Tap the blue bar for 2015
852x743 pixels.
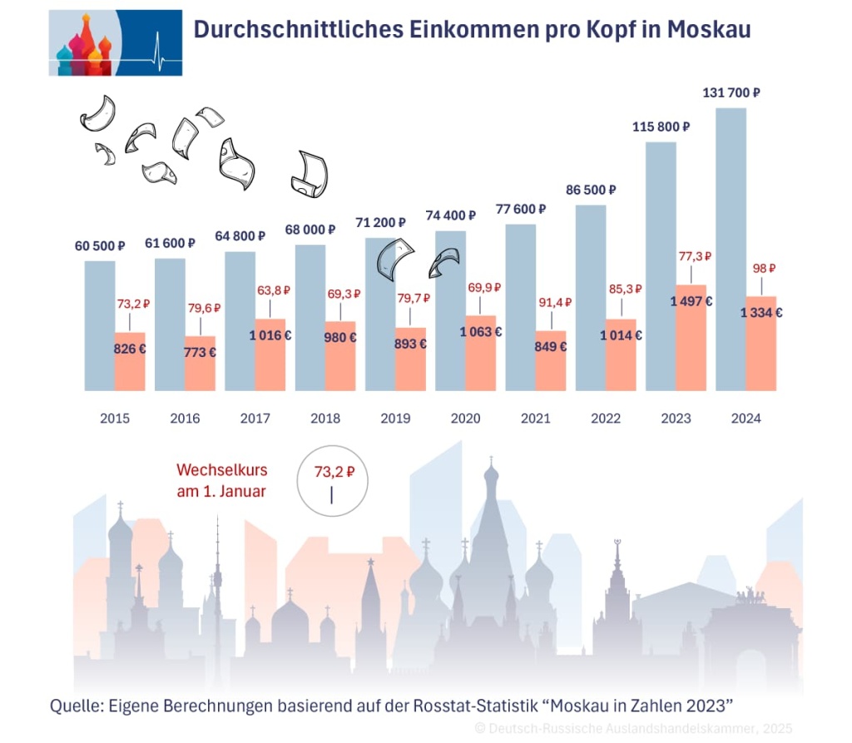click(x=99, y=324)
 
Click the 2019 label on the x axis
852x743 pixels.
click(x=395, y=419)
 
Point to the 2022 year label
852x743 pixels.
click(x=605, y=419)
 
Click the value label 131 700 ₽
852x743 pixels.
click(x=730, y=93)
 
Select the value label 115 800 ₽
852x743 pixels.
click(x=660, y=127)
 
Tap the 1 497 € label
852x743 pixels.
click(x=691, y=301)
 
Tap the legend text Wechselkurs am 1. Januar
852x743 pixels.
click(x=221, y=481)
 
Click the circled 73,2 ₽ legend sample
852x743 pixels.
click(x=331, y=481)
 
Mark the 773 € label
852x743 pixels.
click(x=200, y=352)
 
